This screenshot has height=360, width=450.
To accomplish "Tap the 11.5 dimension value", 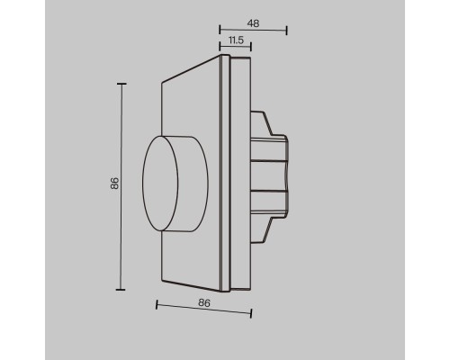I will coord(235,40).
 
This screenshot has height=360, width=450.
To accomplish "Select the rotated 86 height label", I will coord(113,184).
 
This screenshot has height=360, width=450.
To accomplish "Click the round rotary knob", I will coord(175,185).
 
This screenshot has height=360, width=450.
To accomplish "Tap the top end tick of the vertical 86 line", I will coord(121,83).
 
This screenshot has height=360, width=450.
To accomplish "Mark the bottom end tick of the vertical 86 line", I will coord(121,289).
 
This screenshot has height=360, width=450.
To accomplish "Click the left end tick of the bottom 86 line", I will coord(157,304).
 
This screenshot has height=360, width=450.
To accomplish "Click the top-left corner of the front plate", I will coord(161,84).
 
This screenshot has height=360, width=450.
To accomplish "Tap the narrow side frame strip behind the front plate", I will coord(238,180).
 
